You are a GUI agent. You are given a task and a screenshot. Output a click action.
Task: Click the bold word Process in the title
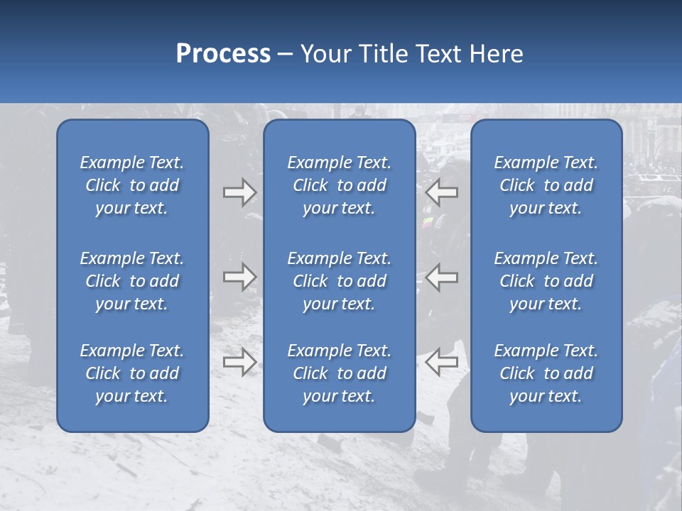(223, 54)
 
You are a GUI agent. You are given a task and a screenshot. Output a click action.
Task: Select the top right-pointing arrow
(239, 192)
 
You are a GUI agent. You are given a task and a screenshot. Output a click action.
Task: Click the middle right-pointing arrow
(239, 277)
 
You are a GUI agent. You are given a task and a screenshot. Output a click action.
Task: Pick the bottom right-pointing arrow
(239, 362)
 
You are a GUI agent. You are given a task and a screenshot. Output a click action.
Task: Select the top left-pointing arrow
(442, 192)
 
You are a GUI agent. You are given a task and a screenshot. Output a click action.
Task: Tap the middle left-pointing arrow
(442, 277)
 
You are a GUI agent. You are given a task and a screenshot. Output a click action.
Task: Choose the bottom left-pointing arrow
(442, 362)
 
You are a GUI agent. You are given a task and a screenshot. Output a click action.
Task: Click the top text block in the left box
(132, 185)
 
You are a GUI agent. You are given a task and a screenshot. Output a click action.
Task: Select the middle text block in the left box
(132, 281)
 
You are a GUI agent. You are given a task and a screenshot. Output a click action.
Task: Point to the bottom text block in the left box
(132, 373)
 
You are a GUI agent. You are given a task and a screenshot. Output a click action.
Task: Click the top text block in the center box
(339, 185)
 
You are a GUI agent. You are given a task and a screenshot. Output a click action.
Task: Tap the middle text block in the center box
(339, 281)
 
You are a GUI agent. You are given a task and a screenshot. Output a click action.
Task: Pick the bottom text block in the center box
(339, 373)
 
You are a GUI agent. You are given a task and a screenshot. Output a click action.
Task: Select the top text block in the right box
(546, 185)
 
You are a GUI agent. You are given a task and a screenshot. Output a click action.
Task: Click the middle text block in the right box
(546, 281)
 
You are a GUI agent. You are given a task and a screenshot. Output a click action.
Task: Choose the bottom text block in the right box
(546, 373)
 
